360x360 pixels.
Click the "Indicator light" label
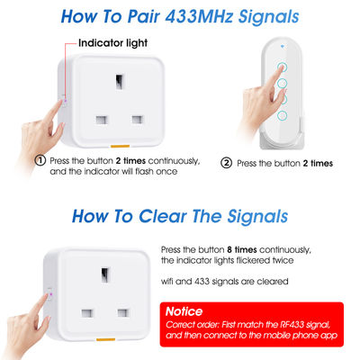pyautogui.click(x=112, y=43)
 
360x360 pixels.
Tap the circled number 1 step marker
pyautogui.click(x=40, y=160)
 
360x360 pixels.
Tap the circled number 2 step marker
pyautogui.click(x=227, y=163)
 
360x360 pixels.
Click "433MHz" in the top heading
pyautogui.click(x=199, y=16)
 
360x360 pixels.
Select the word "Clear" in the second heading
pyautogui.click(x=162, y=216)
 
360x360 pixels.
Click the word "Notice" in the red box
pyautogui.click(x=184, y=311)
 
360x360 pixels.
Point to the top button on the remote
pyautogui.click(x=282, y=67)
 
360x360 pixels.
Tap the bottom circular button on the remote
pyautogui.click(x=282, y=115)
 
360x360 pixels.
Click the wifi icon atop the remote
pyautogui.click(x=283, y=47)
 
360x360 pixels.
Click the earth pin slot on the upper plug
pyautogui.click(x=120, y=81)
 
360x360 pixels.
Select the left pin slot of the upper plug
pyautogui.click(x=102, y=120)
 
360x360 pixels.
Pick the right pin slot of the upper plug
pyautogui.click(x=138, y=120)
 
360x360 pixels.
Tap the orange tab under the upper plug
pyautogui.click(x=120, y=147)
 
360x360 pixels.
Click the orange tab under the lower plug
pyautogui.click(x=105, y=339)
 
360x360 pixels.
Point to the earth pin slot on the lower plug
pyautogui.click(x=105, y=274)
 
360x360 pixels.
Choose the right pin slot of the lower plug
pyautogui.click(x=123, y=312)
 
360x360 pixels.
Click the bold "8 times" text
pyautogui.click(x=242, y=249)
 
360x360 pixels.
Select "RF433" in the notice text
pyautogui.click(x=292, y=325)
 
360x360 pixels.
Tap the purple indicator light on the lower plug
pyautogui.click(x=50, y=294)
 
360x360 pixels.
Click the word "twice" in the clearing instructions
pyautogui.click(x=283, y=260)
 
